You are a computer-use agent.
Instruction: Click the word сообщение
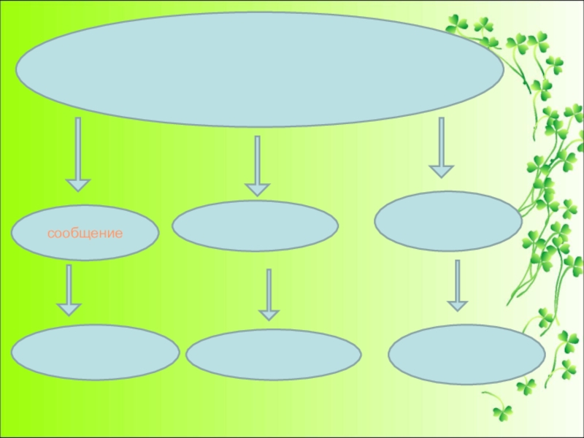point(85,234)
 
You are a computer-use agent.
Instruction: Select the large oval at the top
point(260,69)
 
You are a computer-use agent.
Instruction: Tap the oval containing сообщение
point(85,233)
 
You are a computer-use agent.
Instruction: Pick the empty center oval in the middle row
point(255,226)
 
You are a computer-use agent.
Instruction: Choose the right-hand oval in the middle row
point(448,221)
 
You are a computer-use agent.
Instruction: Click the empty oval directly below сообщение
point(95,353)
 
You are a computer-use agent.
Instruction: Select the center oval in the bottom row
point(273,355)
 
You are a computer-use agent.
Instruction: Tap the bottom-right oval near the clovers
point(466,355)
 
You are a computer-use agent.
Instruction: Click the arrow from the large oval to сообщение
point(78,155)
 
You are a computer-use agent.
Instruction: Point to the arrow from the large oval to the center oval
point(258,166)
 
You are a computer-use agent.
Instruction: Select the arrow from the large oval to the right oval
point(442,148)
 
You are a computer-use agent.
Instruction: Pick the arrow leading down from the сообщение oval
point(69,291)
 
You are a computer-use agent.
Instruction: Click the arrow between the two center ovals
point(269,295)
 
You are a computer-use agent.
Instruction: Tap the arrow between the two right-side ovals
point(458,285)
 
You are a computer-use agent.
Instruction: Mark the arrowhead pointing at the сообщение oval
point(78,185)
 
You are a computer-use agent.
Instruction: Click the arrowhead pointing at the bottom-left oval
point(69,310)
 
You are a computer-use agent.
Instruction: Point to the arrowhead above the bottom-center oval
point(269,315)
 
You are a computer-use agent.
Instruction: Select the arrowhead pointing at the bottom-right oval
point(458,306)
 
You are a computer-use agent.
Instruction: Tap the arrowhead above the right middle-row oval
point(442,172)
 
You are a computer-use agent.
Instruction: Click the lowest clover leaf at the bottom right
point(502,413)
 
